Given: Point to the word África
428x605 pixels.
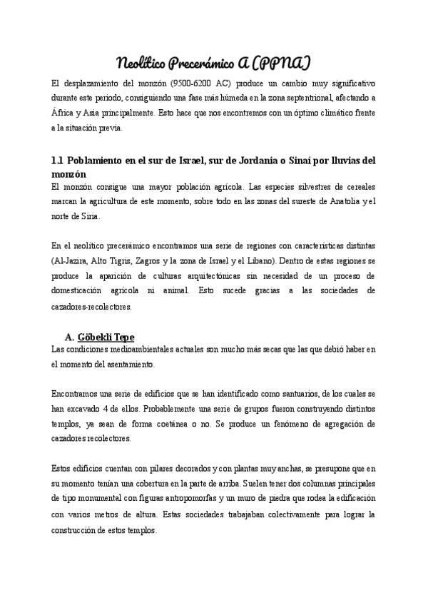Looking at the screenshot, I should pyautogui.click(x=63, y=113).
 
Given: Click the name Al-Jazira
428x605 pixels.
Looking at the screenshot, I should pyautogui.click(x=73, y=259).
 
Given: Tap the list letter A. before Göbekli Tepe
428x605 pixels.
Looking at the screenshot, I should pyautogui.click(x=70, y=336).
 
